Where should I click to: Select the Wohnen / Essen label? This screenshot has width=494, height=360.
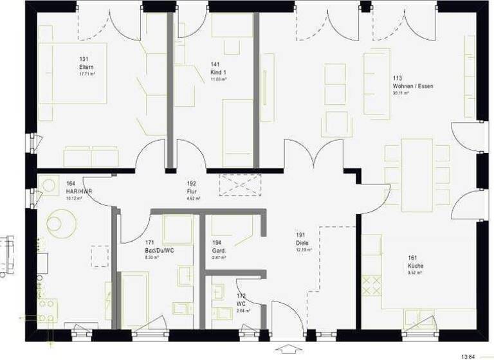point(408,85)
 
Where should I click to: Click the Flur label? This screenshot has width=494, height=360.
point(191,191)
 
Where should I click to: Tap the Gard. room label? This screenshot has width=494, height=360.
point(217,250)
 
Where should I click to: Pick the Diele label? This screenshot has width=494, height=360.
point(300,243)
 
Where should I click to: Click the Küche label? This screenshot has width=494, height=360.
point(415,265)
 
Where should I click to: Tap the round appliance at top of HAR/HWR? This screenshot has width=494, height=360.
point(48,184)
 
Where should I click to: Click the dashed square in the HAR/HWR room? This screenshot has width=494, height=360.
point(100,256)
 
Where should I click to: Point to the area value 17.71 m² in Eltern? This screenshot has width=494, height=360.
point(87,74)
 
